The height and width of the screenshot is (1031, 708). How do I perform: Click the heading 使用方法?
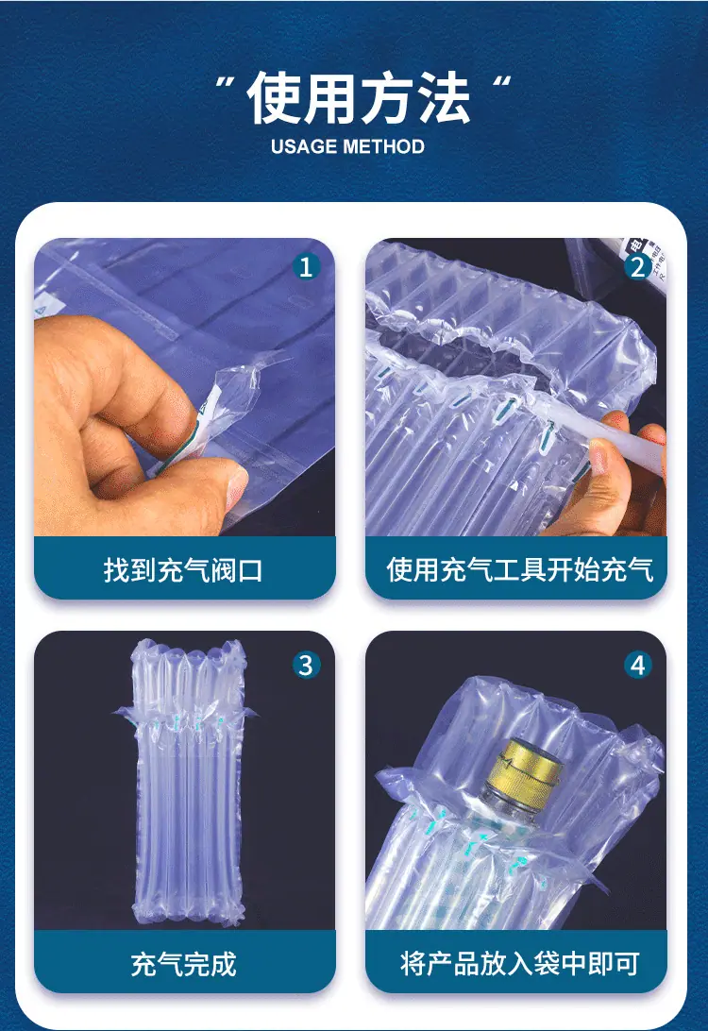(359, 98)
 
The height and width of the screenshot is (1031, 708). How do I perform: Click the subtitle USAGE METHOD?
(347, 146)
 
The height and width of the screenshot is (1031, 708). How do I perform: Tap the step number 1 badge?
(306, 267)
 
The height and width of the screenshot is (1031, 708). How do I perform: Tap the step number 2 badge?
(637, 267)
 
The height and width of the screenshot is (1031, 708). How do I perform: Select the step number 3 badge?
(306, 665)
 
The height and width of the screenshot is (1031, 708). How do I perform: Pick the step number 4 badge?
(637, 665)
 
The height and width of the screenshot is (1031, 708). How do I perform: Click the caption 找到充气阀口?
(183, 570)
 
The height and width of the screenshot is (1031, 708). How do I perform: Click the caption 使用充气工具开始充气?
(519, 569)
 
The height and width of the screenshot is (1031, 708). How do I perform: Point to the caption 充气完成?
(183, 964)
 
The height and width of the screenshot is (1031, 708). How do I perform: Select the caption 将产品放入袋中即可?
(519, 963)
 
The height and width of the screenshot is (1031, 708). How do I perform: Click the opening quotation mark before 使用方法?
(226, 83)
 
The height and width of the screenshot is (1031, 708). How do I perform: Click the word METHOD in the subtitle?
(383, 146)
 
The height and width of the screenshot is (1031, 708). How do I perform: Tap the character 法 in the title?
(444, 98)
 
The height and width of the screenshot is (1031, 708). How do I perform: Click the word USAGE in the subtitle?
(303, 146)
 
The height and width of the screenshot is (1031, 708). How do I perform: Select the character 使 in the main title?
(274, 98)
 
